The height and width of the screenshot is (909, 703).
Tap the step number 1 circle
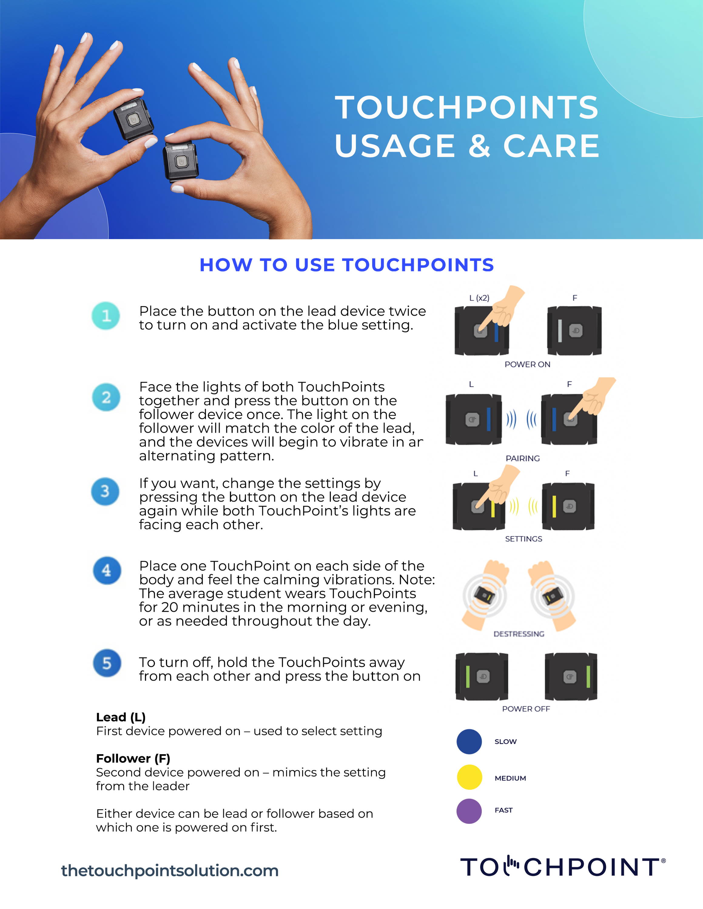coord(106,315)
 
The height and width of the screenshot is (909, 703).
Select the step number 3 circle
coord(105,491)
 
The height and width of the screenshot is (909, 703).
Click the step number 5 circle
coord(107,663)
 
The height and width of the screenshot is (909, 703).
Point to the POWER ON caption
coord(527,364)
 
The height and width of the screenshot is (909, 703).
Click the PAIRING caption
coord(522,458)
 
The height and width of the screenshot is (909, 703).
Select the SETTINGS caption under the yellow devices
coord(523,538)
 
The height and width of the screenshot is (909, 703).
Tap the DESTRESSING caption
coord(519,634)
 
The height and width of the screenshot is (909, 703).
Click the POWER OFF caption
coord(526,709)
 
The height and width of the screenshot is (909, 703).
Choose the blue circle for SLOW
coord(469,742)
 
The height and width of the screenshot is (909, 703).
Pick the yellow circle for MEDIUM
coord(469,777)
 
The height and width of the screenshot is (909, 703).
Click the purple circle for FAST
coord(469,811)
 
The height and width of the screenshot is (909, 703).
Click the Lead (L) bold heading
coord(121,717)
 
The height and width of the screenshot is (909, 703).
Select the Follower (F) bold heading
coord(133,758)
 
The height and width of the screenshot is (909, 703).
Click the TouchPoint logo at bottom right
coord(562,867)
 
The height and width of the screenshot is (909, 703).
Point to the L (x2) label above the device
coord(479,298)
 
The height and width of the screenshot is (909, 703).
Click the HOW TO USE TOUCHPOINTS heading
coord(347,265)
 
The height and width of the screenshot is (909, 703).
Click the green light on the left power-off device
coord(468,677)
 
